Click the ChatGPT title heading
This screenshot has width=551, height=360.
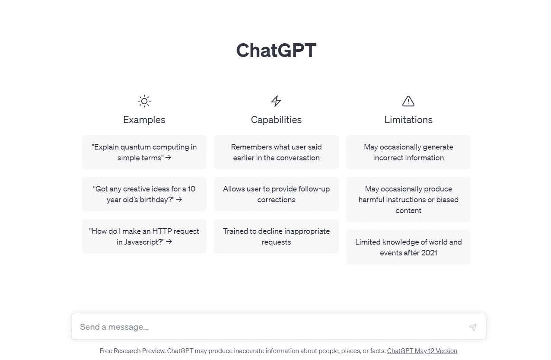(x=276, y=50)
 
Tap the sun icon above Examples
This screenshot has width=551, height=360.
(x=144, y=101)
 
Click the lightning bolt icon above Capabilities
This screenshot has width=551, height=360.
(x=276, y=101)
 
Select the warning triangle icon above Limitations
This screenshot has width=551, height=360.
(x=408, y=101)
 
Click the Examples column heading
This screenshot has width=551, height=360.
(x=144, y=120)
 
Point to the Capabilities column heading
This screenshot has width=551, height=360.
(x=276, y=120)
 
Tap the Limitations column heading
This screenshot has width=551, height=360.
(x=408, y=120)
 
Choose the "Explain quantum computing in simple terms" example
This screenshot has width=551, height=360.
(x=144, y=152)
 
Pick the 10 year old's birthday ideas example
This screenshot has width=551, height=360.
(x=144, y=194)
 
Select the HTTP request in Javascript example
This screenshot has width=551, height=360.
(x=144, y=236)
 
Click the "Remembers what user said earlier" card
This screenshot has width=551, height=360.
(x=276, y=152)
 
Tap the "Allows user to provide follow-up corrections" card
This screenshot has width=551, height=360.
(x=276, y=194)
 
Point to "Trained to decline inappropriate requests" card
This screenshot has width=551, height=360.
(x=276, y=236)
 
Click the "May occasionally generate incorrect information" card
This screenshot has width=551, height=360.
(x=408, y=152)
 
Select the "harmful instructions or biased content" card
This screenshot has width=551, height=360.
(x=408, y=199)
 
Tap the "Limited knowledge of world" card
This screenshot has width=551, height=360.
(x=408, y=247)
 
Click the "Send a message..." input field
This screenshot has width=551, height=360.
(x=268, y=327)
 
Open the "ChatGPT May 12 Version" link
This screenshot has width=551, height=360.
(x=422, y=351)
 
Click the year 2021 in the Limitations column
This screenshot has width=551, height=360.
(x=429, y=253)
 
